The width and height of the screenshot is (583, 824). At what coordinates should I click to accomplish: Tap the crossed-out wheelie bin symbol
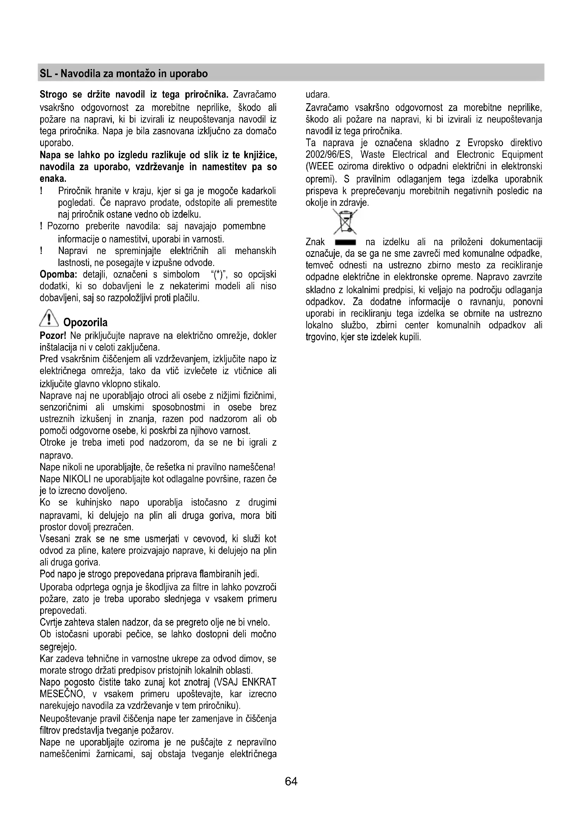345,222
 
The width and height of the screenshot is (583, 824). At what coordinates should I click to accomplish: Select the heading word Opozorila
85,322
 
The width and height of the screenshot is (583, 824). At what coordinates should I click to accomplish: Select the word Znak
315,242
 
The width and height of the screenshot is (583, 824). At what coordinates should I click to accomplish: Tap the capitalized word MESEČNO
62,694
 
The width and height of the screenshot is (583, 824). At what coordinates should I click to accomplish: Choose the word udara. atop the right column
317,95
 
